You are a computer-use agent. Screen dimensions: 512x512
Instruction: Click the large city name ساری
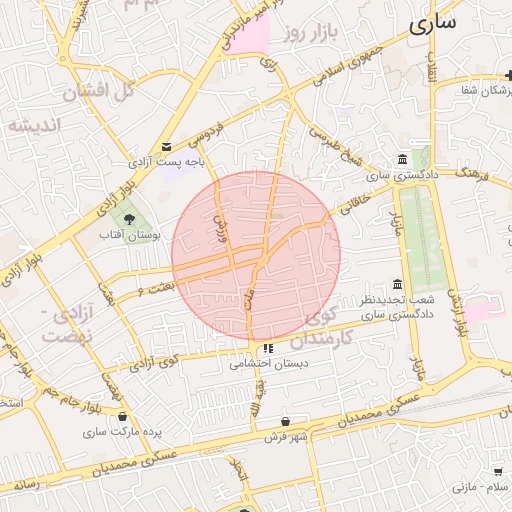432,21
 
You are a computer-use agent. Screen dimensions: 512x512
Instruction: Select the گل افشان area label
98,92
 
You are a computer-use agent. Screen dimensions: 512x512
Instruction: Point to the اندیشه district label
34,124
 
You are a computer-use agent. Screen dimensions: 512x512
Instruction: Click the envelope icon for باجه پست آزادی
166,146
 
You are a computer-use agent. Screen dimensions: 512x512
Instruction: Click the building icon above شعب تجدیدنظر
397,284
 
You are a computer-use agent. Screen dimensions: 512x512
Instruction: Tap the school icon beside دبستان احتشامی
267,349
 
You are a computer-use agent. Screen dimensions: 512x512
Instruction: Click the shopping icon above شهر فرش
287,422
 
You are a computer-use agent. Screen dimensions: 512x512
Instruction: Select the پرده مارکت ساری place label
122,433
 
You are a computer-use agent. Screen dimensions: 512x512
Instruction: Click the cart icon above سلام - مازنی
497,471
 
